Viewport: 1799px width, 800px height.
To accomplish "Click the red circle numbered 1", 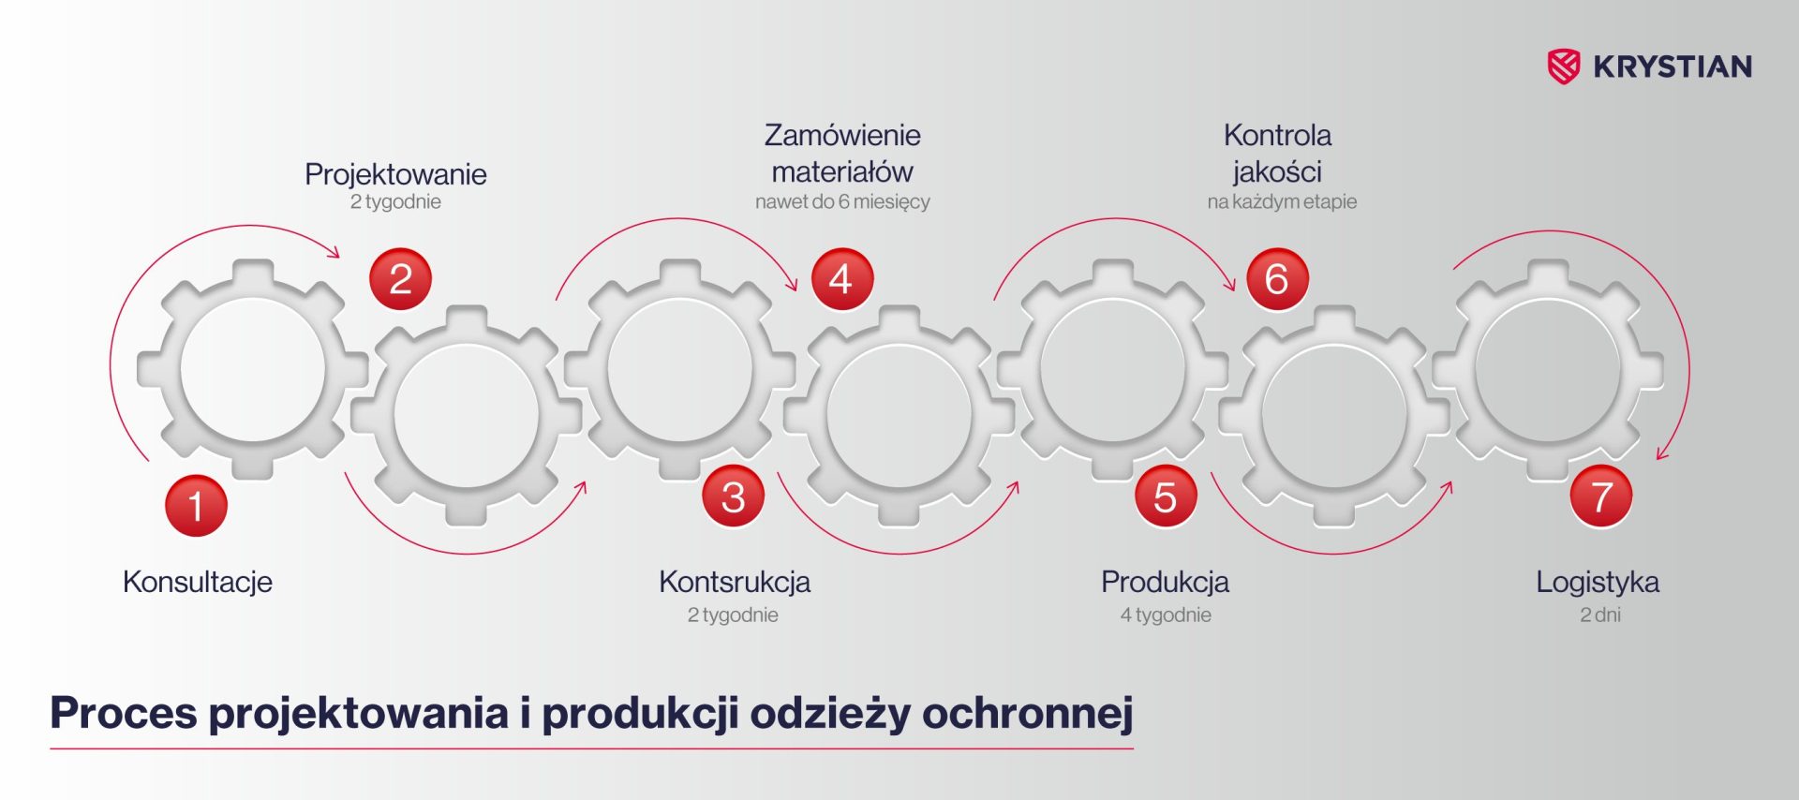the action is pyautogui.click(x=196, y=506).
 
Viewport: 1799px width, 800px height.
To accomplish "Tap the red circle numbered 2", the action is pyautogui.click(x=400, y=279).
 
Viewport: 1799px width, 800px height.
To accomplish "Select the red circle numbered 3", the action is pyautogui.click(x=734, y=496).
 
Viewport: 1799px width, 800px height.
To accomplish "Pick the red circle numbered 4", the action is pyautogui.click(x=841, y=279).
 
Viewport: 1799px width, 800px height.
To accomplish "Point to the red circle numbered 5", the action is pyautogui.click(x=1166, y=496).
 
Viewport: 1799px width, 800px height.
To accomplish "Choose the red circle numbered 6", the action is pyautogui.click(x=1277, y=279).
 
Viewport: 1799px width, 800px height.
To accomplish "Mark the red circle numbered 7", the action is pyautogui.click(x=1601, y=496).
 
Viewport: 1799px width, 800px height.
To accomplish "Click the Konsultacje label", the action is pyautogui.click(x=198, y=582).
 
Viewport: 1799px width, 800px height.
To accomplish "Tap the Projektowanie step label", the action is pyautogui.click(x=395, y=174).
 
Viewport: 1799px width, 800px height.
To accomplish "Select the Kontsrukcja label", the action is pyautogui.click(x=735, y=582).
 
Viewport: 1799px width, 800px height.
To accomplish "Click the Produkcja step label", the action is pyautogui.click(x=1165, y=582).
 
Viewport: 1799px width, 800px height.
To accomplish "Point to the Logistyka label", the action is pyautogui.click(x=1598, y=582).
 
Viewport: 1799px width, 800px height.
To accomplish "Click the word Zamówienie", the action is pyautogui.click(x=842, y=135).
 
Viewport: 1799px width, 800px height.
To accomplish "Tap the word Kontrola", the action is pyautogui.click(x=1277, y=135).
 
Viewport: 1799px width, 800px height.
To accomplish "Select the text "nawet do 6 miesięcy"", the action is pyautogui.click(x=842, y=201).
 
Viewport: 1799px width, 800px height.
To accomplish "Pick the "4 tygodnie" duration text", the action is pyautogui.click(x=1166, y=615).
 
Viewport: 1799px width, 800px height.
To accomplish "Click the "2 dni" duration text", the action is pyautogui.click(x=1600, y=615).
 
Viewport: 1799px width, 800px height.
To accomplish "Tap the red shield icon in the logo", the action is pyautogui.click(x=1563, y=67).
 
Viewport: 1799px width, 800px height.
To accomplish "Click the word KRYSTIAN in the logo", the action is pyautogui.click(x=1673, y=67).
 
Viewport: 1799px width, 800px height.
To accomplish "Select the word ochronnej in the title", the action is pyautogui.click(x=1028, y=714).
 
